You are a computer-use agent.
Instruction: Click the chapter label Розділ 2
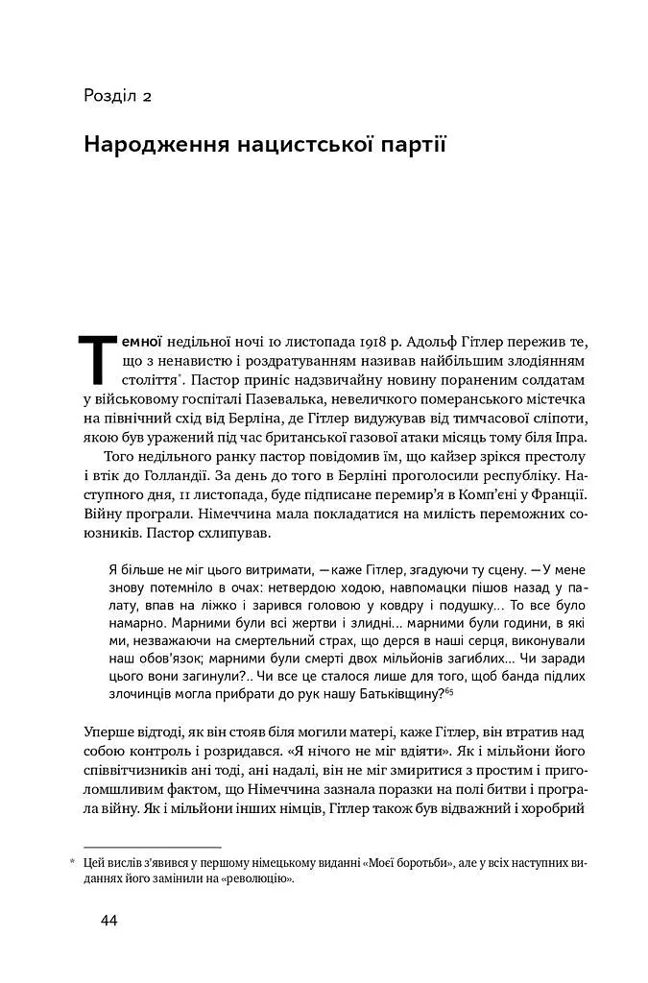point(119,96)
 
